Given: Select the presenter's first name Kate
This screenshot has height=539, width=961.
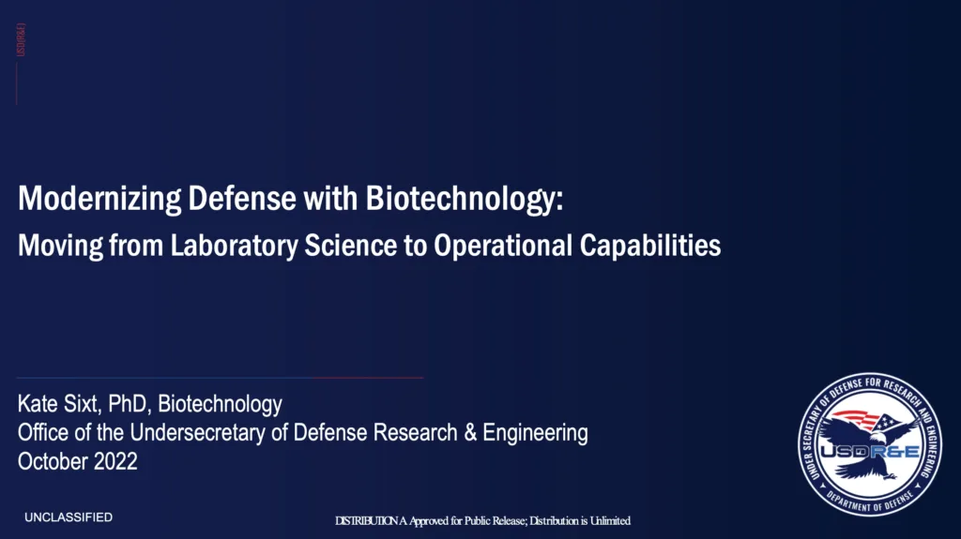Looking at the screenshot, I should pos(38,405).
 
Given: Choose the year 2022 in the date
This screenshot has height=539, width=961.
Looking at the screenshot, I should pos(114,461).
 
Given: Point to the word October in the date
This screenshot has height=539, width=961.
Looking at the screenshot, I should pos(52,461).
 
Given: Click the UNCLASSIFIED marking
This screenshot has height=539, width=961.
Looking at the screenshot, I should pos(69,517).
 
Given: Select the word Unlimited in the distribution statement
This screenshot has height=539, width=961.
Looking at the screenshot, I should pos(607,520).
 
